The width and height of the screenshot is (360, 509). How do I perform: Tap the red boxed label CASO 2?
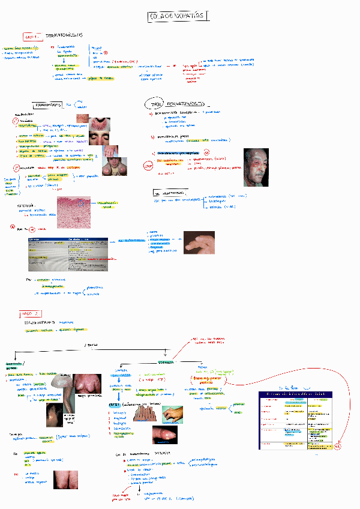(29, 313)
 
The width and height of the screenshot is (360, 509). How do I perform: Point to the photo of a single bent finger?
(199, 243)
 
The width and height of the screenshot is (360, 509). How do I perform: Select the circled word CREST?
(115, 405)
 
